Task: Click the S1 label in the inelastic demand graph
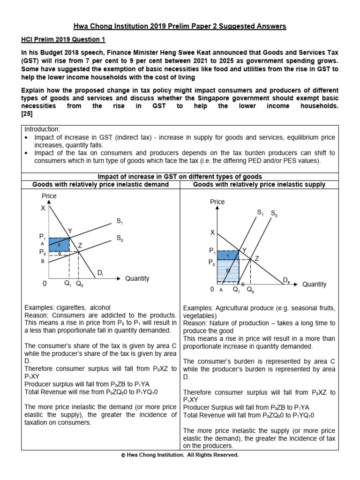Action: (120, 221)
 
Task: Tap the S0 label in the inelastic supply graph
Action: (274, 214)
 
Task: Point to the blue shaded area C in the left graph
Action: (60, 244)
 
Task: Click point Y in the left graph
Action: (70, 231)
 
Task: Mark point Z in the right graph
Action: (256, 259)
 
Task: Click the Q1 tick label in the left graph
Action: (67, 284)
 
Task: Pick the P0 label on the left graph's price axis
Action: (43, 252)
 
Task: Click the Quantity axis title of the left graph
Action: (137, 278)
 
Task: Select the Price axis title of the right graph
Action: (217, 202)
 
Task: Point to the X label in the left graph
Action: (43, 208)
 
